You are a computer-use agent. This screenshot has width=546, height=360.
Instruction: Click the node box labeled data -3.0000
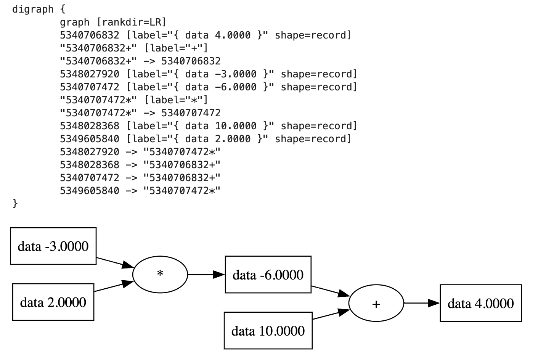pyautogui.click(x=53, y=246)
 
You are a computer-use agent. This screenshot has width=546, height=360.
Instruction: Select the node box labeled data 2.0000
pyautogui.click(x=53, y=302)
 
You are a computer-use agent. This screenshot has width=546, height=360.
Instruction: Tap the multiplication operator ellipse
pyautogui.click(x=160, y=274)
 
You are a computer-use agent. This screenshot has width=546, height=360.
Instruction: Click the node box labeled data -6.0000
pyautogui.click(x=268, y=275)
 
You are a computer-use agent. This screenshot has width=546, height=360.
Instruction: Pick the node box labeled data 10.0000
pyautogui.click(x=268, y=331)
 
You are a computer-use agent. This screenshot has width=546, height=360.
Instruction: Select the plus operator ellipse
pyautogui.click(x=376, y=304)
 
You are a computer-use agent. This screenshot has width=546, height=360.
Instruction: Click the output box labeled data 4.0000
pyautogui.click(x=480, y=303)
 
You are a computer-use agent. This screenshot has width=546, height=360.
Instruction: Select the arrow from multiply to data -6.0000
pyautogui.click(x=206, y=275)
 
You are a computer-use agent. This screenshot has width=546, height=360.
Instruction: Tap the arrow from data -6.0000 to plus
pyautogui.click(x=330, y=291)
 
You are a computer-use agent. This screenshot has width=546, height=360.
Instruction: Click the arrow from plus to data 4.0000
pyautogui.click(x=421, y=303)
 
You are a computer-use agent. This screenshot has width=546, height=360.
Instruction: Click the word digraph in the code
pyautogui.click(x=33, y=9)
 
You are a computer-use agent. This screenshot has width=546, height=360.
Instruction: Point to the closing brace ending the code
pyautogui.click(x=15, y=204)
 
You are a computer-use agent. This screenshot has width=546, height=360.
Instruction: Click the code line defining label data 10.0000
pyautogui.click(x=208, y=126)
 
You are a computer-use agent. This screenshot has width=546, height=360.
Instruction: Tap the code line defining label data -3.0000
pyautogui.click(x=208, y=74)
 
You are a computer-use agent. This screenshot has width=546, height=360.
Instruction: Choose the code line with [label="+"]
pyautogui.click(x=134, y=48)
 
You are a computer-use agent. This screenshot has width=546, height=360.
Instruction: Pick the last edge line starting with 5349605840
pyautogui.click(x=140, y=191)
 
